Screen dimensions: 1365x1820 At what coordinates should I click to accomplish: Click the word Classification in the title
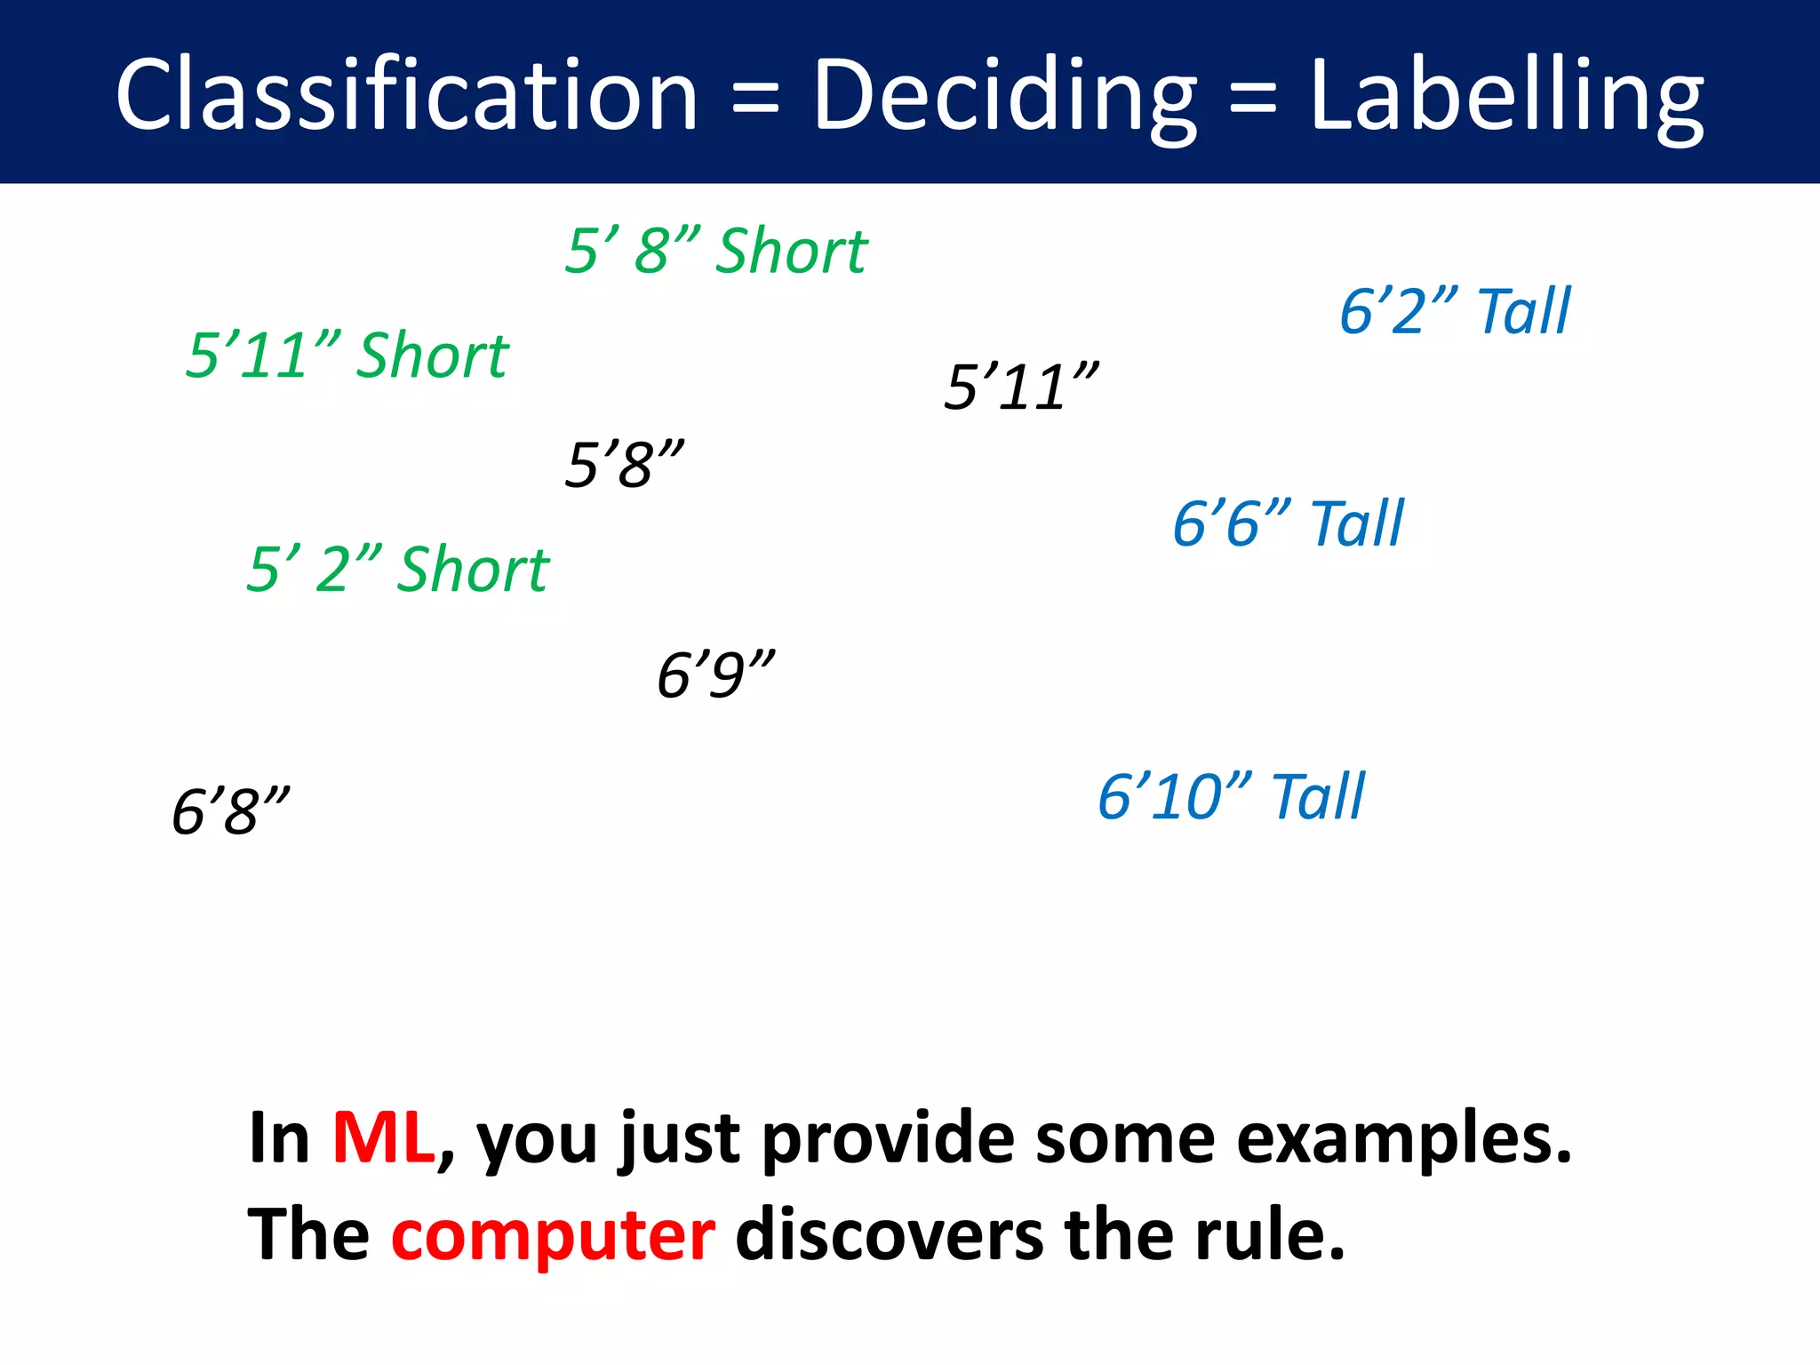tap(406, 94)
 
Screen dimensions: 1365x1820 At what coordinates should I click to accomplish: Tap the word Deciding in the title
tap(1004, 96)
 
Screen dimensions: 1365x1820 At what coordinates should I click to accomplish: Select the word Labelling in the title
tap(1505, 96)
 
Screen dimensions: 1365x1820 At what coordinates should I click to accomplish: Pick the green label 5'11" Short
tap(347, 355)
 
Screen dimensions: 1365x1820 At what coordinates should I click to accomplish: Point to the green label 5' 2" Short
tap(397, 569)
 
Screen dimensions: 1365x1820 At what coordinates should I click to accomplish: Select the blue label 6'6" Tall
tap(1288, 523)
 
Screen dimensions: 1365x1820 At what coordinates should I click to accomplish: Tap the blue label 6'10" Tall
tap(1231, 796)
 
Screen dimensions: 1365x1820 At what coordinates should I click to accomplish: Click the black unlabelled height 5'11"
tap(1021, 387)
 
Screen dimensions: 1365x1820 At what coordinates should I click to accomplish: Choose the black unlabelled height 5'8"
tap(625, 464)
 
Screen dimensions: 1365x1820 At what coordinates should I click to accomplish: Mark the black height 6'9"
tap(715, 675)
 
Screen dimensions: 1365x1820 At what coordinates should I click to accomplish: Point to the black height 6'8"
tap(230, 810)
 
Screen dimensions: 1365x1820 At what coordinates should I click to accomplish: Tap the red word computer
tap(553, 1235)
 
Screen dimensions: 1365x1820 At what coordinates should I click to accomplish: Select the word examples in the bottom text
tap(1404, 1139)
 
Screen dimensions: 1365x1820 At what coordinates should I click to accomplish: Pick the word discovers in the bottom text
tap(889, 1235)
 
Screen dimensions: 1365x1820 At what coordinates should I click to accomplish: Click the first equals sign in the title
tap(755, 98)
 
